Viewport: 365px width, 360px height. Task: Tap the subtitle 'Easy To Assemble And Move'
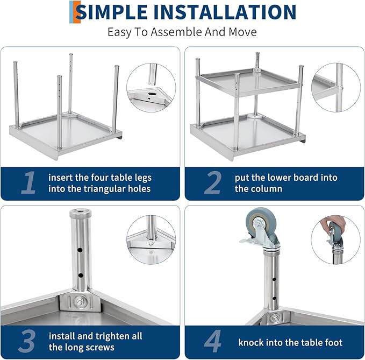[182, 32]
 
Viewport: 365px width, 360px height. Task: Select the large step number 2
[213, 183]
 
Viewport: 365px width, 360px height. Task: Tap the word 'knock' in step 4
[251, 342]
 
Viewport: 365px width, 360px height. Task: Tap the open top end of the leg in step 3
[78, 214]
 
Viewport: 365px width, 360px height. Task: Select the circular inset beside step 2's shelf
[335, 86]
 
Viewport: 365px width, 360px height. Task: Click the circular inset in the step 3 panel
[151, 240]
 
